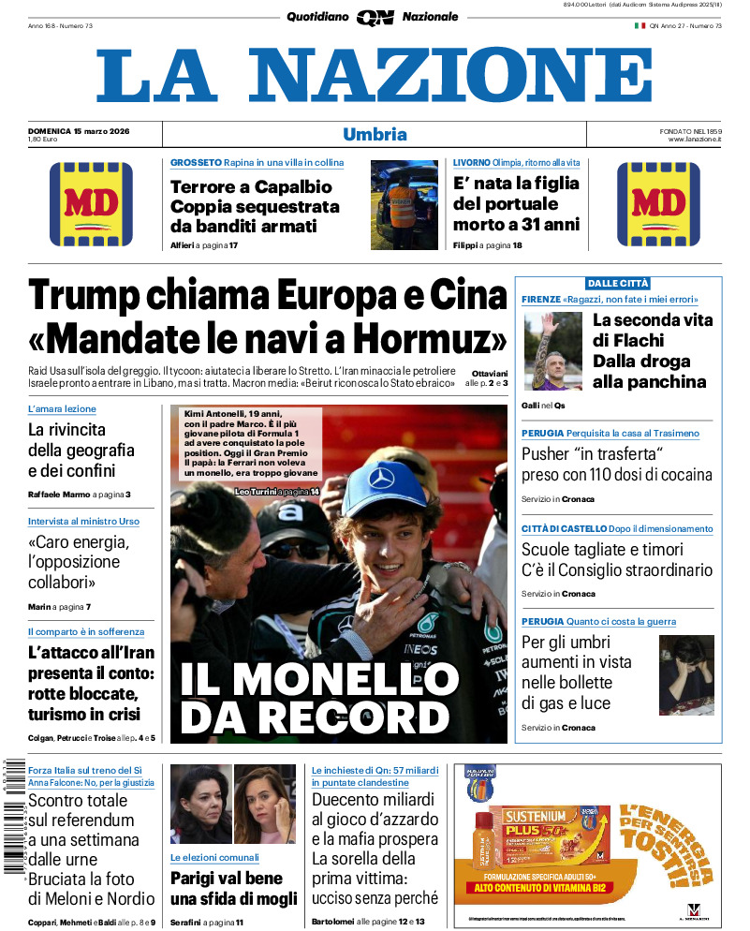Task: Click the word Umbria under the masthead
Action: (x=375, y=134)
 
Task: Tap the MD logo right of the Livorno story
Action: (x=658, y=204)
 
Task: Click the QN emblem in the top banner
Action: (x=375, y=17)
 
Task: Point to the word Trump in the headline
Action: (x=85, y=296)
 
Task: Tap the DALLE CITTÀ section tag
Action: (x=618, y=283)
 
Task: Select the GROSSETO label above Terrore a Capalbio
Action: (x=196, y=163)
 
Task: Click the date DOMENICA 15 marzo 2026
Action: (x=79, y=130)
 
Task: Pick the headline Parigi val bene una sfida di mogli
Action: (x=233, y=888)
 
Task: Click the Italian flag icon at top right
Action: (x=640, y=25)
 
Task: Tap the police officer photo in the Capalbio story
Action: (x=404, y=204)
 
